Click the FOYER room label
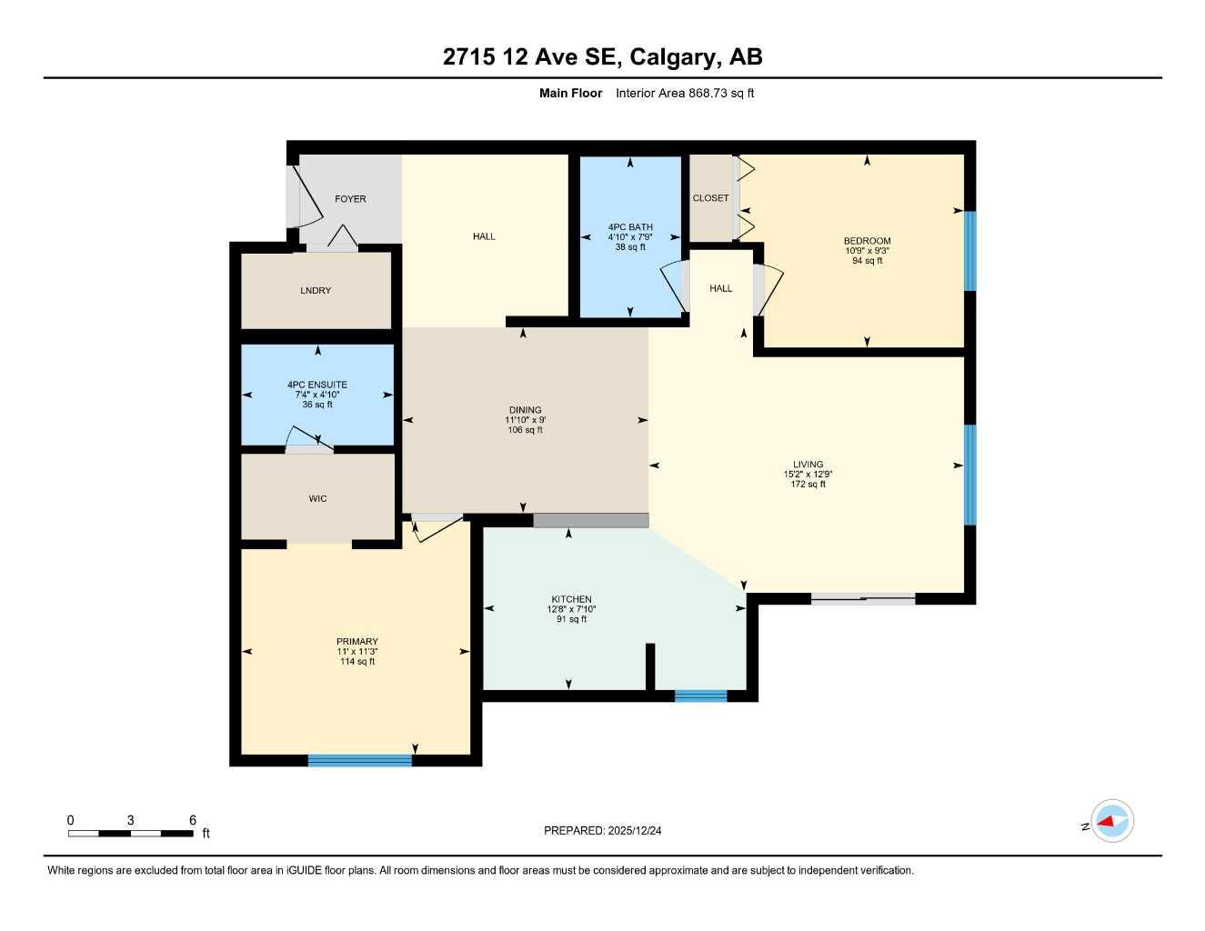(350, 199)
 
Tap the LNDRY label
(316, 291)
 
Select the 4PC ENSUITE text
(317, 385)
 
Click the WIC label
(317, 499)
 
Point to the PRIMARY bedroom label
(357, 642)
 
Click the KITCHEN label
(571, 599)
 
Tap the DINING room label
(525, 410)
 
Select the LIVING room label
(808, 465)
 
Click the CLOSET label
(710, 198)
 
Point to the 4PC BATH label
(630, 227)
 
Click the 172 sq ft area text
(808, 485)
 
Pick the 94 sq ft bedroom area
(867, 261)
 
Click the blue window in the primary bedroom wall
(360, 761)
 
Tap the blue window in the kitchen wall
(700, 696)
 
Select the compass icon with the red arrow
(1111, 822)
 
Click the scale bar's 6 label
(193, 820)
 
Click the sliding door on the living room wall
(862, 598)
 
